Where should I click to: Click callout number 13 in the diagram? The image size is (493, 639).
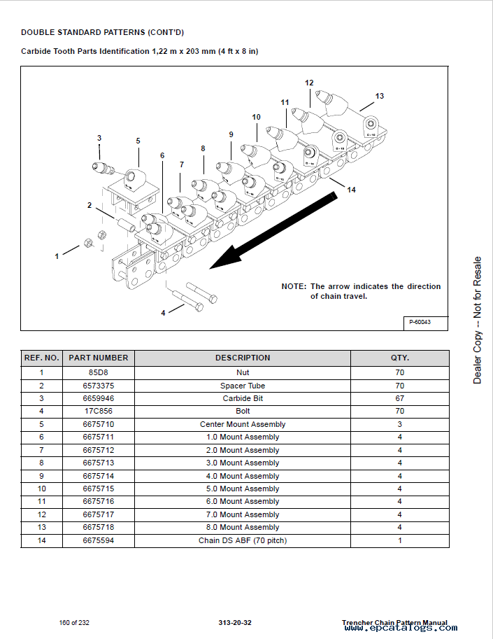pyautogui.click(x=379, y=96)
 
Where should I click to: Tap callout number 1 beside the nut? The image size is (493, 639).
pyautogui.click(x=57, y=257)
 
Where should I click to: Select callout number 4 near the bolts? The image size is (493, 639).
pyautogui.click(x=163, y=313)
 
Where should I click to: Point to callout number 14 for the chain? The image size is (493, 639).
pyautogui.click(x=351, y=190)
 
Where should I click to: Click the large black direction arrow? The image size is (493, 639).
pyautogui.click(x=273, y=231)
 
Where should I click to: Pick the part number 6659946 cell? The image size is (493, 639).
pyautogui.click(x=98, y=398)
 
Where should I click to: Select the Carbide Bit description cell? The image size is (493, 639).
pyautogui.click(x=243, y=398)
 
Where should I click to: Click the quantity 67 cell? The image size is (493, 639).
pyautogui.click(x=399, y=398)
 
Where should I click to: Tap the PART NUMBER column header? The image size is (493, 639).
pyautogui.click(x=98, y=358)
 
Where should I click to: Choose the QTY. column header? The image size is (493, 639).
pyautogui.click(x=399, y=358)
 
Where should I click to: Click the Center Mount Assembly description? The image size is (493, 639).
pyautogui.click(x=243, y=424)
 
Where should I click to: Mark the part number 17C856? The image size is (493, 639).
pyautogui.click(x=98, y=411)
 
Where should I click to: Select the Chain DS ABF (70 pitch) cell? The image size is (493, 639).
pyautogui.click(x=243, y=540)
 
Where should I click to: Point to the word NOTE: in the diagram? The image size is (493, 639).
pyautogui.click(x=294, y=286)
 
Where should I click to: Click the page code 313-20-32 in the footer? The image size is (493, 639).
pyautogui.click(x=235, y=623)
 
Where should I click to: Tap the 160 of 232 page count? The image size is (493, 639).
pyautogui.click(x=74, y=623)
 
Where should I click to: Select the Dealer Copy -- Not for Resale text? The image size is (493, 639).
pyautogui.click(x=478, y=320)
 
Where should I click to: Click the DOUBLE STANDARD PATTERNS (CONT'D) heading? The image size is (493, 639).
pyautogui.click(x=102, y=32)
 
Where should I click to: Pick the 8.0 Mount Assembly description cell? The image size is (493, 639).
pyautogui.click(x=243, y=527)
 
